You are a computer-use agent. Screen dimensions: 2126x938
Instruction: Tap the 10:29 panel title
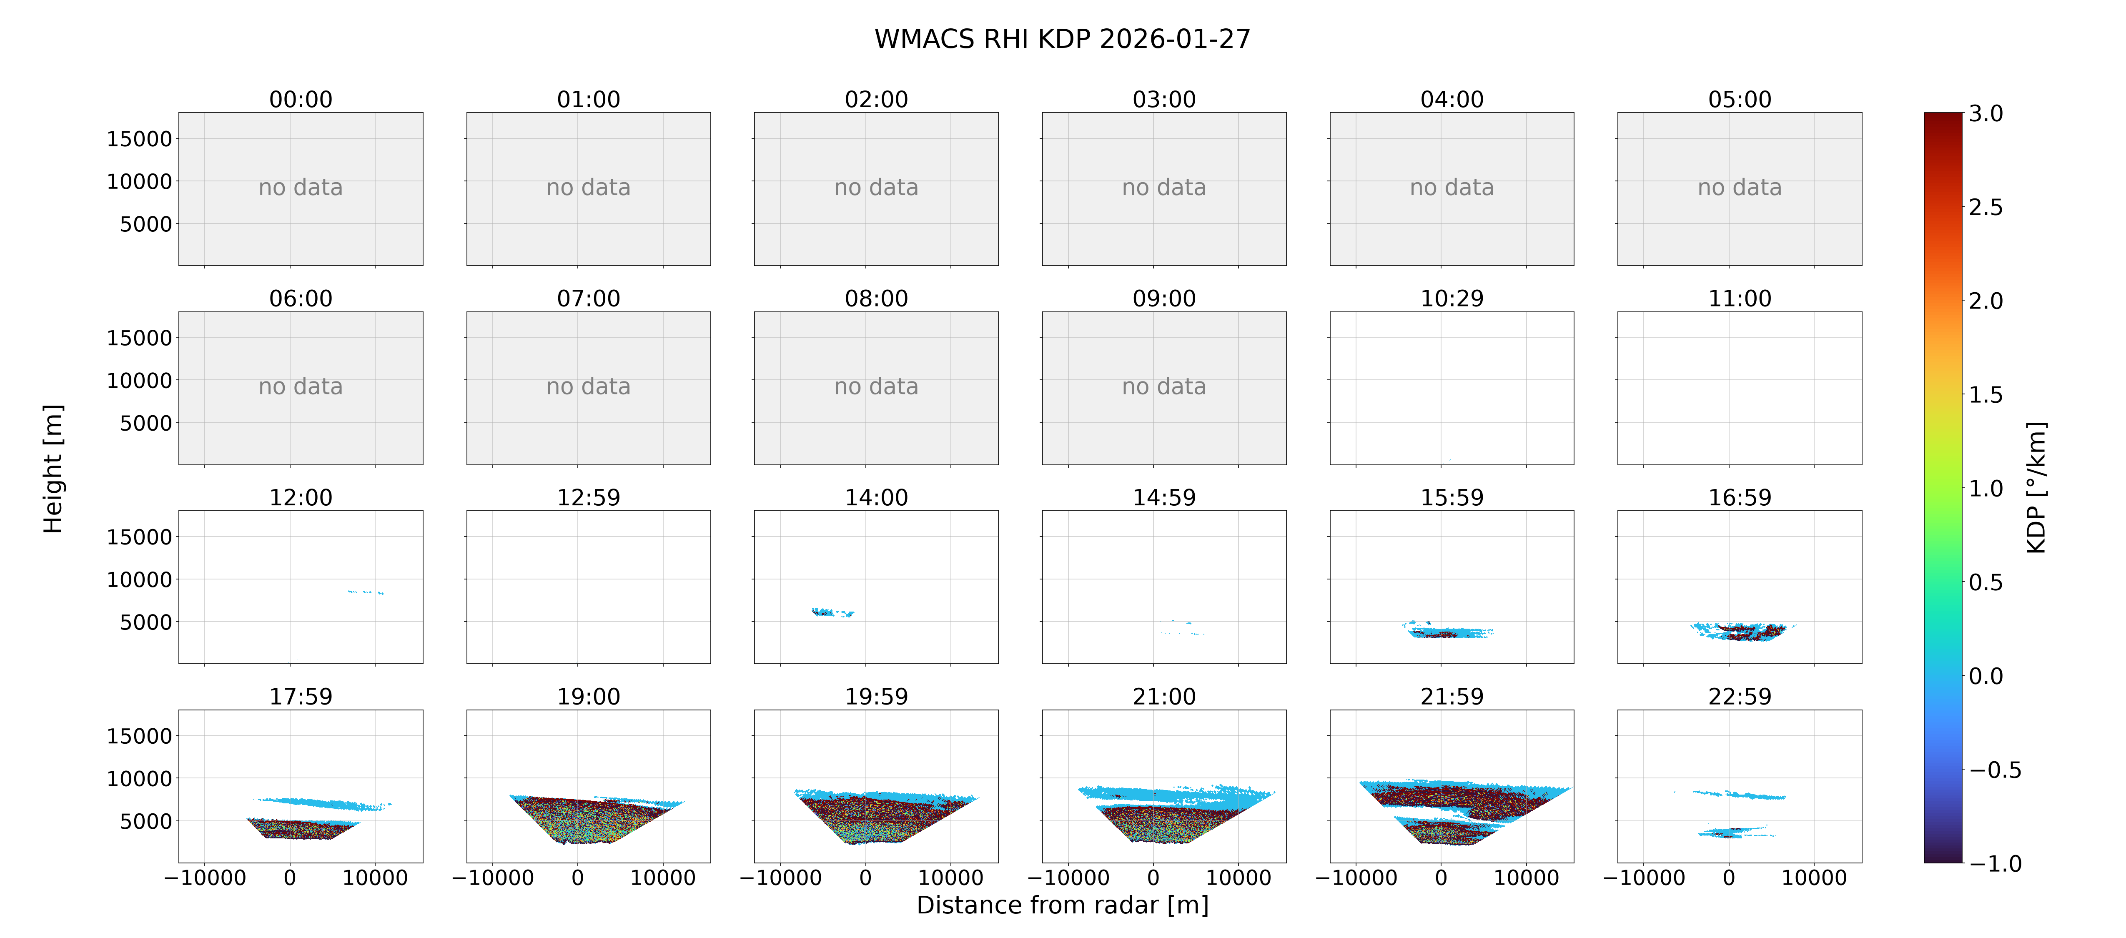[1452, 298]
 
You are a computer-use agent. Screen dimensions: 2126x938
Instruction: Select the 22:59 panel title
[1740, 696]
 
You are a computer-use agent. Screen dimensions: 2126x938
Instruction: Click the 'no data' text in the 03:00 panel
[1164, 188]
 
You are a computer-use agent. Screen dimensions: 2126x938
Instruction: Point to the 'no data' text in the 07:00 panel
[589, 386]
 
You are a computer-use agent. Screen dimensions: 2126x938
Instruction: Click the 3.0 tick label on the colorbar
[1986, 113]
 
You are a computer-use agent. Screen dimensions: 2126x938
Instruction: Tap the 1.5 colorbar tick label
[1986, 395]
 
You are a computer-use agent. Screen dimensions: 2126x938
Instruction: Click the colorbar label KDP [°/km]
[2037, 487]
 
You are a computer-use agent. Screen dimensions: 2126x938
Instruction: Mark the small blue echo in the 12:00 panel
[366, 592]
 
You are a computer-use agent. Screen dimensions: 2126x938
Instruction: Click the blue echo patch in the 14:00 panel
[832, 613]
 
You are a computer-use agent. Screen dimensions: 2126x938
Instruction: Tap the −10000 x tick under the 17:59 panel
[205, 878]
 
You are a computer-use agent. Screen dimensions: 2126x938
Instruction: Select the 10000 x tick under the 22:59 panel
[1814, 878]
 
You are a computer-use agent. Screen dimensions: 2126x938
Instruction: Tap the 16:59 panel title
[1740, 497]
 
